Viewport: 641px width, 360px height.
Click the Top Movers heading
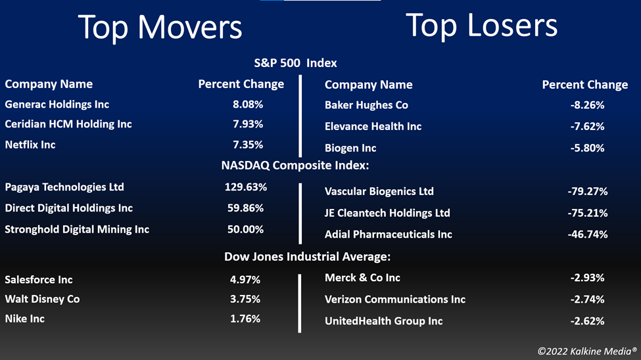click(x=160, y=28)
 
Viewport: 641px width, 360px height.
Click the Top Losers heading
click(x=481, y=26)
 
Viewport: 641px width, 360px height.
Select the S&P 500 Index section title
click(x=296, y=63)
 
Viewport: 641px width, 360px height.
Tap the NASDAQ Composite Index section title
click(x=295, y=166)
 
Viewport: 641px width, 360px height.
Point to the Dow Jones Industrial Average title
click(x=308, y=257)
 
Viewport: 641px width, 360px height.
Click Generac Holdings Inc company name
click(x=57, y=104)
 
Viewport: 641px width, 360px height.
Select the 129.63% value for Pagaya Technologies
click(x=246, y=187)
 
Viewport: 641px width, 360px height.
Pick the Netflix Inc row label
click(x=30, y=145)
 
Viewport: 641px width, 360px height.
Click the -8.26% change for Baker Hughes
click(x=588, y=105)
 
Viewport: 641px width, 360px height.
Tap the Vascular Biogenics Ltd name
click(x=379, y=191)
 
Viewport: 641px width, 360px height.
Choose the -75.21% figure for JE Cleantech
click(x=588, y=213)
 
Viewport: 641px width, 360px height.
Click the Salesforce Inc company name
click(x=39, y=280)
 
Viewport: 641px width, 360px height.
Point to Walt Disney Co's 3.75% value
click(x=245, y=299)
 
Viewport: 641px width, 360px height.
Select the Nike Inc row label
click(x=24, y=319)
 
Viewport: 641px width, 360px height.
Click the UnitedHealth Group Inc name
click(x=383, y=321)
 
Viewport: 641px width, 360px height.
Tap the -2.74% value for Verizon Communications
click(x=588, y=300)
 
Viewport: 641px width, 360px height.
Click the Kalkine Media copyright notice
click(x=587, y=351)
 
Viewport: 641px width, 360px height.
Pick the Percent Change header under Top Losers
click(x=585, y=85)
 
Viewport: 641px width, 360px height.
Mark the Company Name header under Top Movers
click(x=49, y=84)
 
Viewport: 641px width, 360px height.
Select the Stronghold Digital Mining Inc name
click(x=77, y=230)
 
